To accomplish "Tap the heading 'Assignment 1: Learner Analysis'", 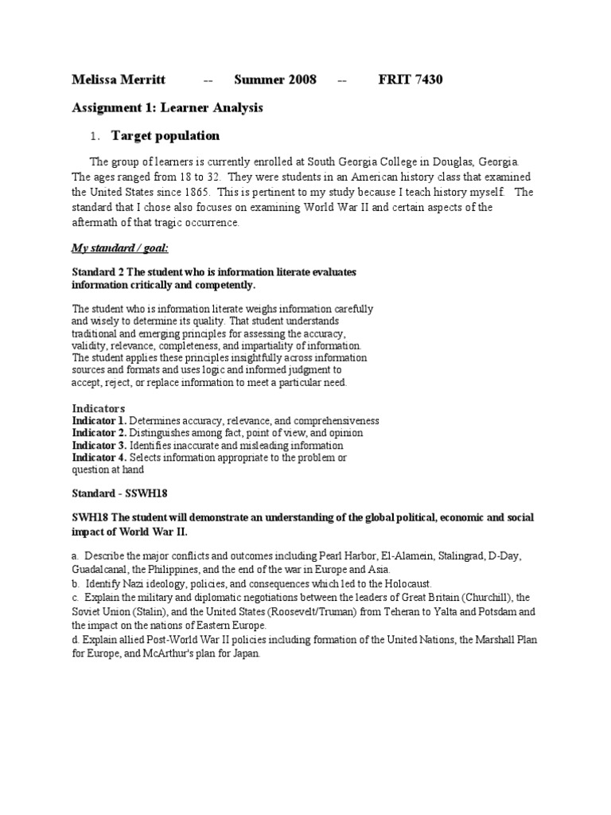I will tap(167, 107).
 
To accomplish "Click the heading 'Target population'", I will tap(165, 135).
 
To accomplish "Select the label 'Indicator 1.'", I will tap(99, 420).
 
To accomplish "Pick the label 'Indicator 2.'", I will tap(99, 433).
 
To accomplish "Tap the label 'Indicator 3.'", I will tap(99, 446).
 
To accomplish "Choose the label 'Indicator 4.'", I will tap(99, 458).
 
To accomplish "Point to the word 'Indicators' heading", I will tap(99, 408).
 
